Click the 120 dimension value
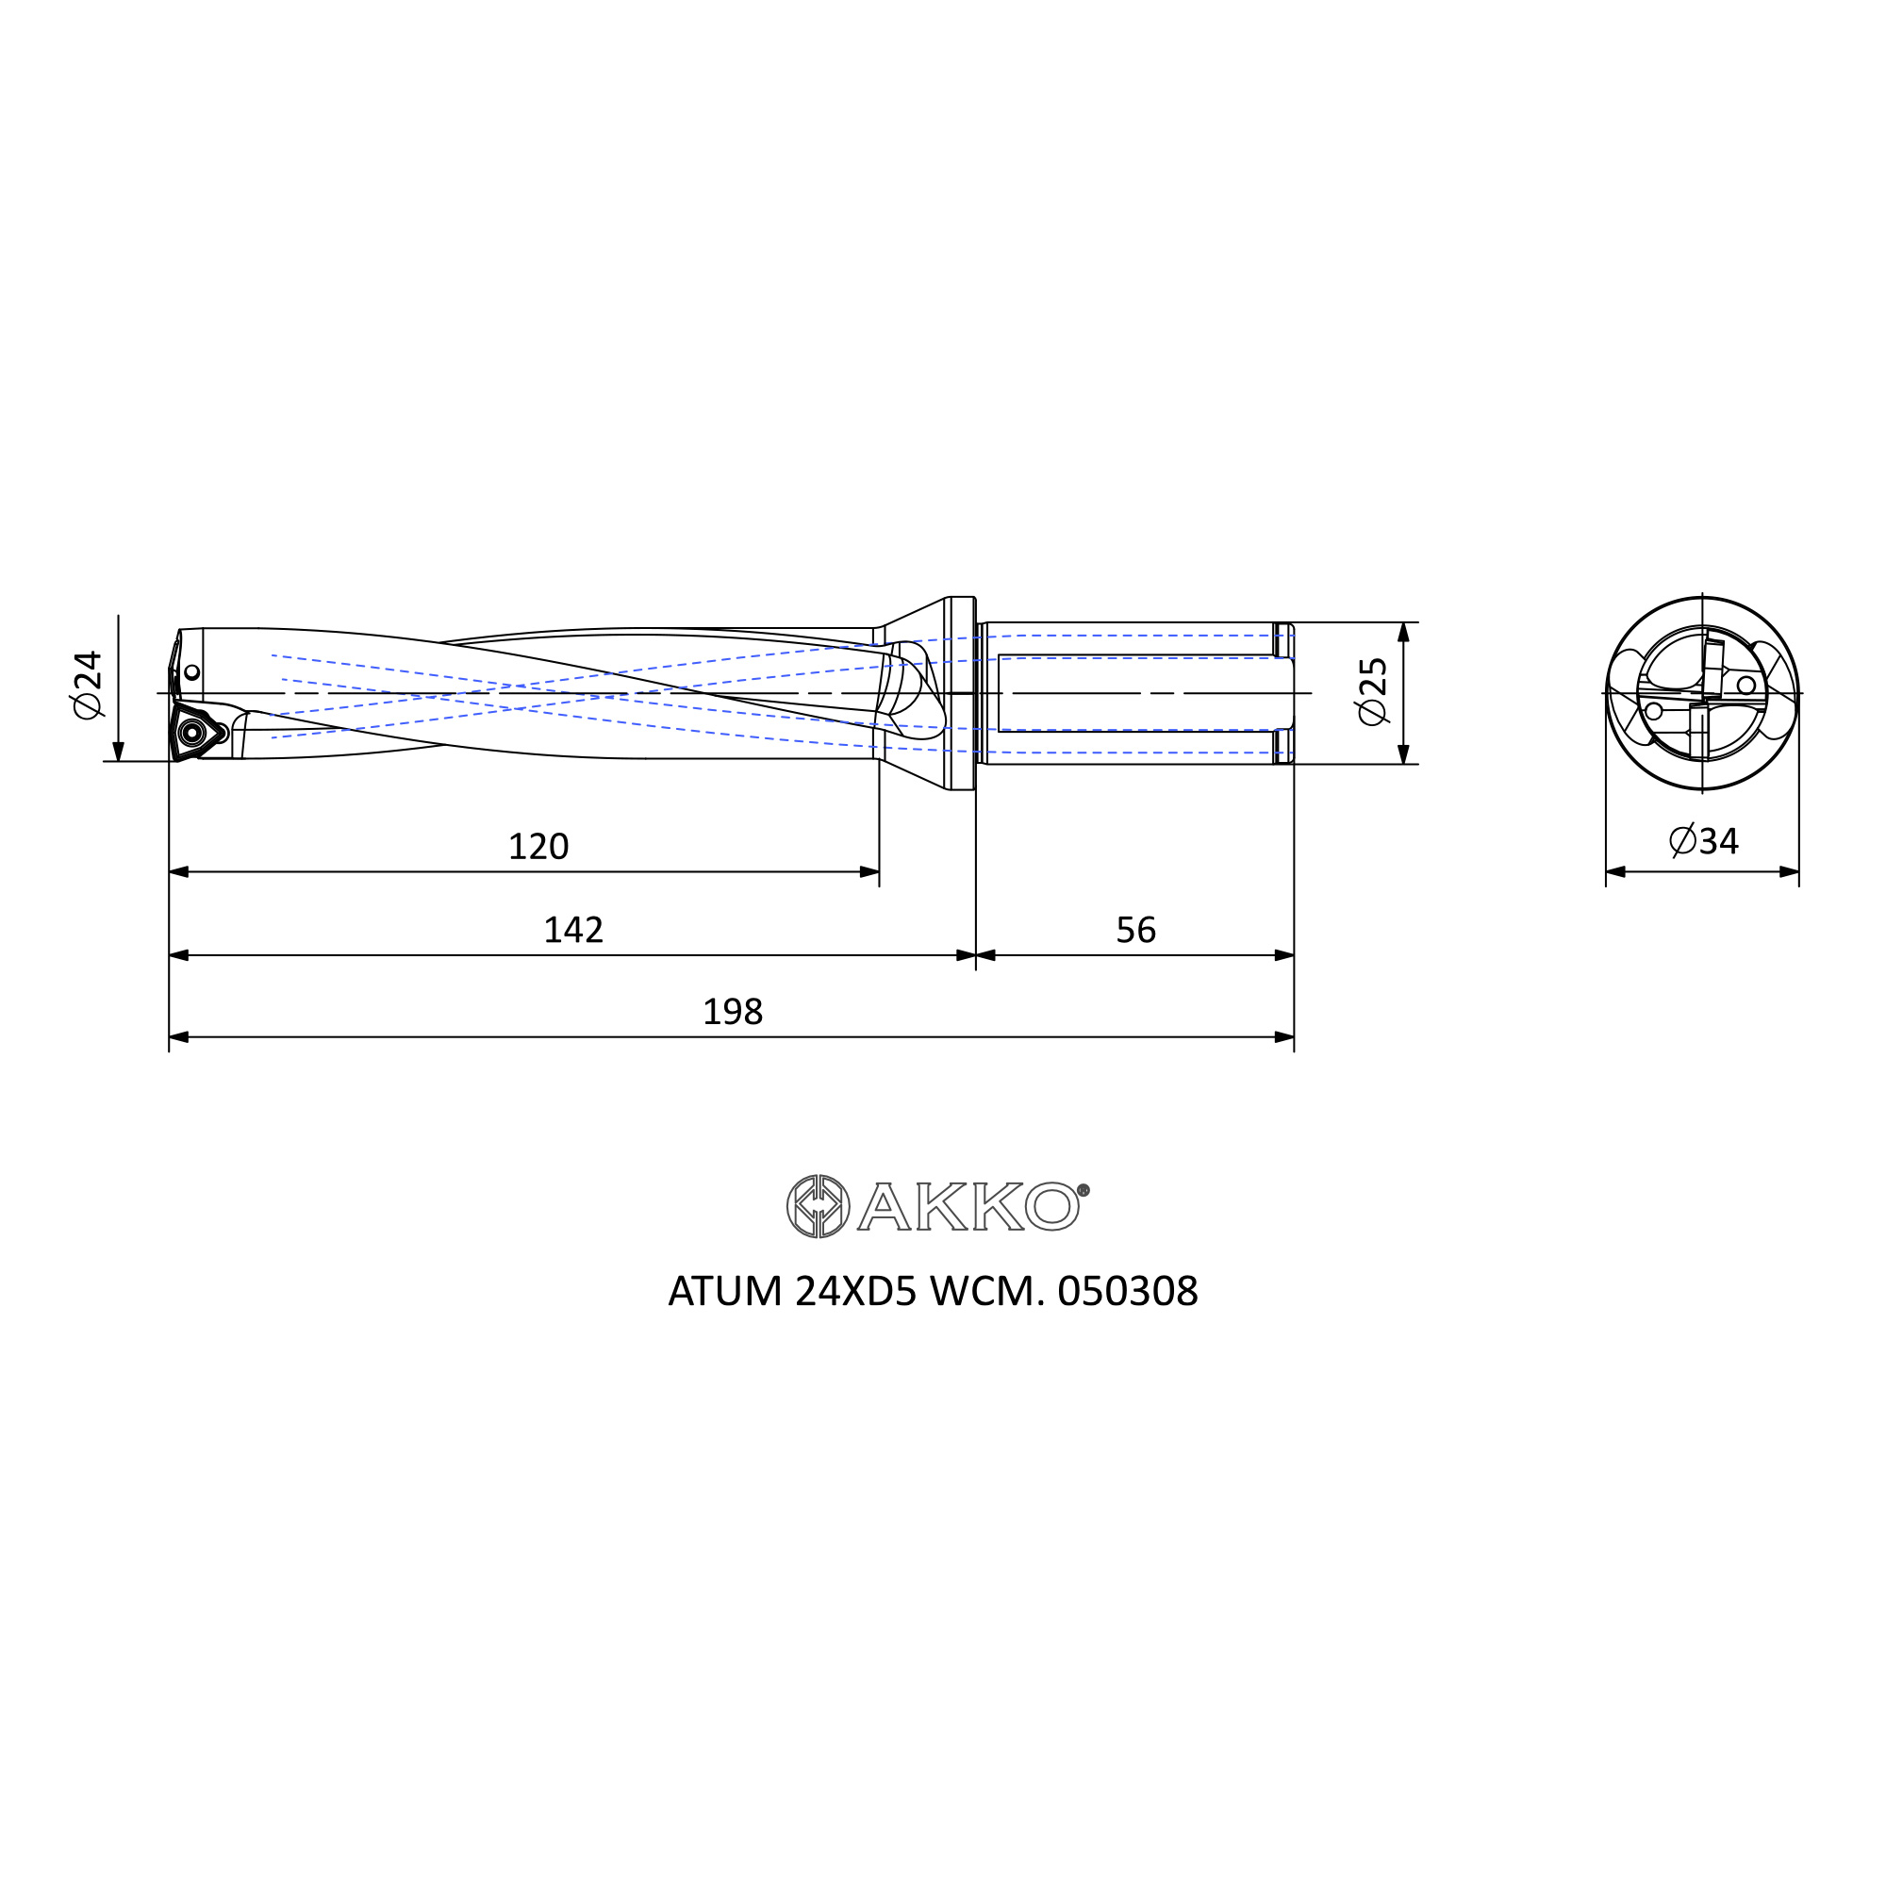point(538,845)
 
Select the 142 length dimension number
point(573,930)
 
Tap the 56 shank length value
point(1135,930)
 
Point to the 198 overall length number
point(732,1011)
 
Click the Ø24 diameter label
point(88,684)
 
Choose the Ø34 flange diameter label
point(1703,840)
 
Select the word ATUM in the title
point(725,1292)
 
